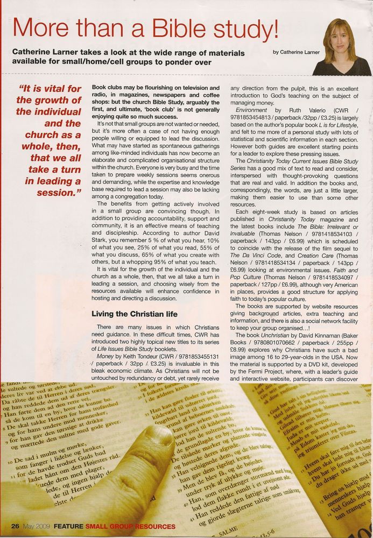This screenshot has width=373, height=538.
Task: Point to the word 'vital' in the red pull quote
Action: click(52, 89)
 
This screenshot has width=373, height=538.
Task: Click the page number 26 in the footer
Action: click(15, 526)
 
